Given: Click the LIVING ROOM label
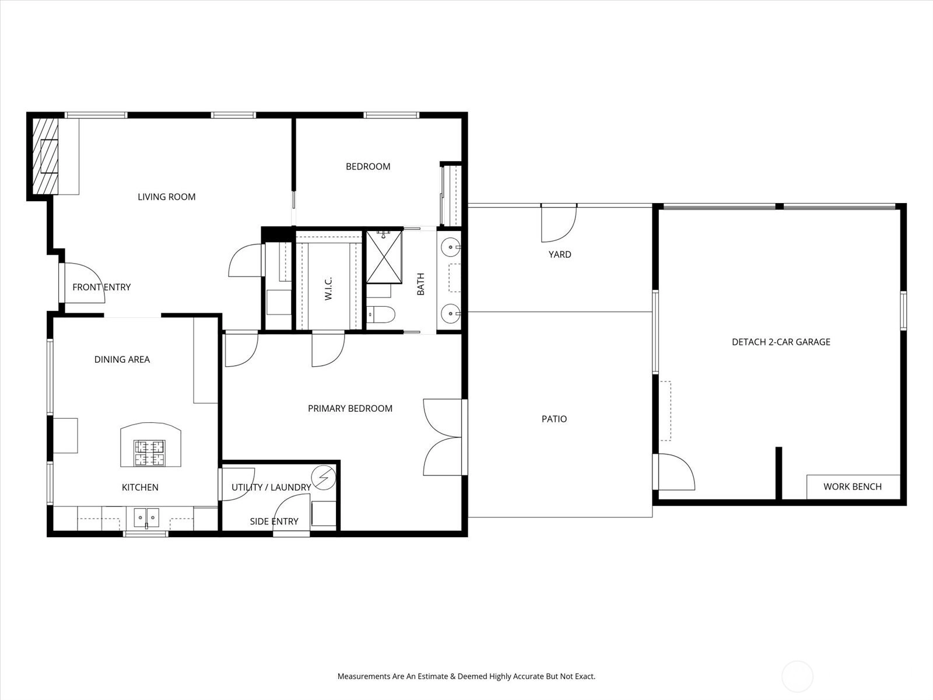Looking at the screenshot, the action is click(x=167, y=197).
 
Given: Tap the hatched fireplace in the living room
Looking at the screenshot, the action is click(x=45, y=156).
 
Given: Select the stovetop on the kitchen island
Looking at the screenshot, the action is click(x=150, y=453).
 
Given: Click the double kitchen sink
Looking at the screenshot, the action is click(x=146, y=517).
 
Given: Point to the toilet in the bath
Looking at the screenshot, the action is click(x=381, y=314).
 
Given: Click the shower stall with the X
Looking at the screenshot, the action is click(x=384, y=257).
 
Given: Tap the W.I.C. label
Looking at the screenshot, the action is click(x=328, y=289).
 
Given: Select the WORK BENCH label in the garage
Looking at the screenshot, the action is click(x=853, y=487).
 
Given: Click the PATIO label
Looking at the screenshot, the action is click(x=555, y=419).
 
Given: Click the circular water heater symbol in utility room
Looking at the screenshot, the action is click(x=324, y=478).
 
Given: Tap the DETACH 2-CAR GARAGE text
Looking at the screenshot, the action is click(x=781, y=342).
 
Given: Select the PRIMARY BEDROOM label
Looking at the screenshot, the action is click(x=350, y=408).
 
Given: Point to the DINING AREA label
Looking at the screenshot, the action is click(x=122, y=359).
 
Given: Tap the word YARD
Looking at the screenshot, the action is click(x=560, y=254).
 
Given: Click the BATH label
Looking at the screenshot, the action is click(x=421, y=284).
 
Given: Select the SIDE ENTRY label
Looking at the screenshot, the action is click(x=274, y=521).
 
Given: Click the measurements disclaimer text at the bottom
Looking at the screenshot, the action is click(x=466, y=676).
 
